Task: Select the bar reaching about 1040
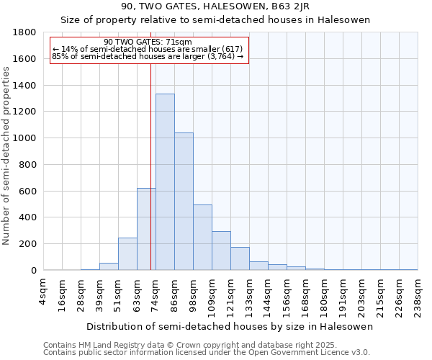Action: [x=184, y=201]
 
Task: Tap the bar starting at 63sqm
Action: [x=146, y=229]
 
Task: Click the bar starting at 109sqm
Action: [x=221, y=251]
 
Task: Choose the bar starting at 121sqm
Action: [x=240, y=258]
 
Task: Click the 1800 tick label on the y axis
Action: [x=25, y=32]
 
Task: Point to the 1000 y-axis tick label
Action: [x=25, y=138]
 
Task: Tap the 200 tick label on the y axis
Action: [x=28, y=244]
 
